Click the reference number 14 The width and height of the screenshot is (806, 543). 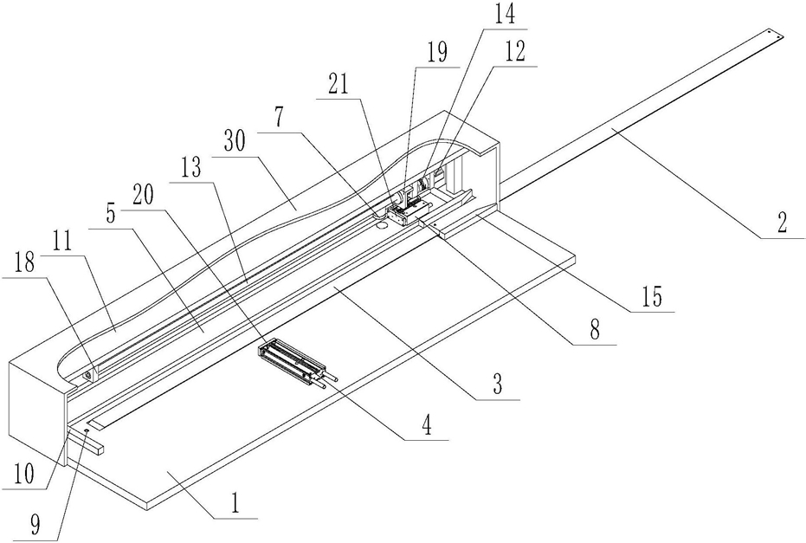pos(504,15)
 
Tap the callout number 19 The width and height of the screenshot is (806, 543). pos(437,53)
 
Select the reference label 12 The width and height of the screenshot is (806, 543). pos(514,53)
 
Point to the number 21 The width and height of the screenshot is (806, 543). pos(339,85)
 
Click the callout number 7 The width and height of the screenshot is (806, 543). pos(279,119)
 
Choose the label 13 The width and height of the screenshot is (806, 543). pos(190,168)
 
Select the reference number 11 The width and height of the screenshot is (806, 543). pos(62,241)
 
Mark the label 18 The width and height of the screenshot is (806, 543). pos(24,263)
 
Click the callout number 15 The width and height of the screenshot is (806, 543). pos(652,297)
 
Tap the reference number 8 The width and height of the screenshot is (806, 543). pos(595,331)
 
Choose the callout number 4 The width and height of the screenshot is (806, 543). pos(427,425)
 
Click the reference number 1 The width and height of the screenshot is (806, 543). pos(235,504)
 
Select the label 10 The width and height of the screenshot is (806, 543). pos(24,474)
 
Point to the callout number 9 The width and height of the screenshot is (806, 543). pos(35,525)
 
